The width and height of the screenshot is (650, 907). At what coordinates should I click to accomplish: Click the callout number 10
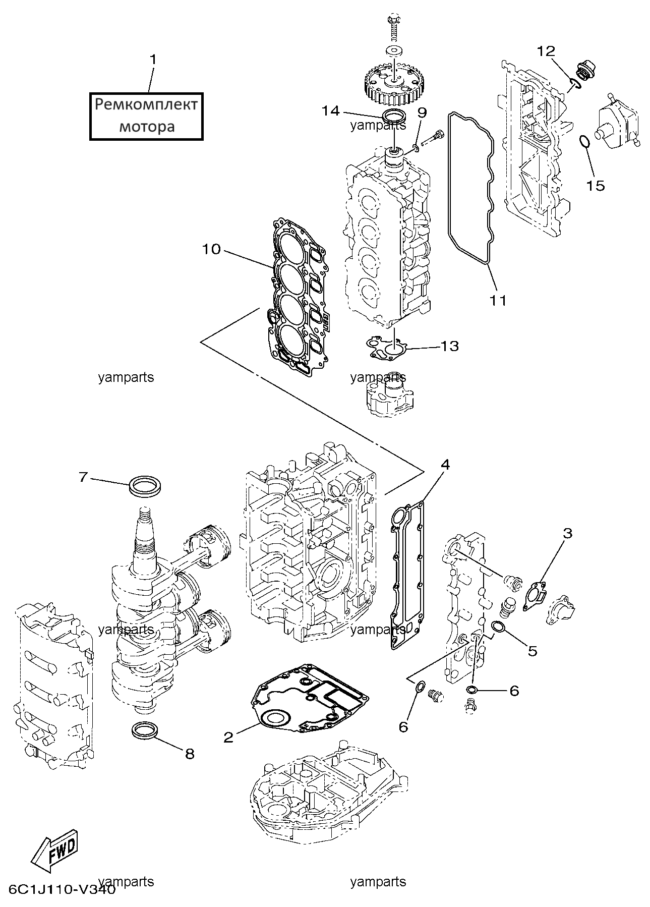click(212, 249)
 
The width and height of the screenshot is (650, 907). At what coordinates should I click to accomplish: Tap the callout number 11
click(498, 300)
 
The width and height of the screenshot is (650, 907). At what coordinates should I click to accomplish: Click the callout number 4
click(444, 464)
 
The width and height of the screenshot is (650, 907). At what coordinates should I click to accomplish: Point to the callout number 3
click(567, 533)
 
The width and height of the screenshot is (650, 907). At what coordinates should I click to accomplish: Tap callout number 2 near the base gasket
click(228, 738)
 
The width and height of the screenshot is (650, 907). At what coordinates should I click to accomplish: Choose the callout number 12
click(546, 51)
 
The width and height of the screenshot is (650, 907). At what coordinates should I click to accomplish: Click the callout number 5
click(533, 651)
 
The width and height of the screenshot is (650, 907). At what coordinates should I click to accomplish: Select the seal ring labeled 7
click(146, 486)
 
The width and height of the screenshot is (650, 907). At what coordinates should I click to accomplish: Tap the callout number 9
click(422, 112)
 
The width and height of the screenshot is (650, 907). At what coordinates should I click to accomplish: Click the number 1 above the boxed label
click(153, 60)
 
